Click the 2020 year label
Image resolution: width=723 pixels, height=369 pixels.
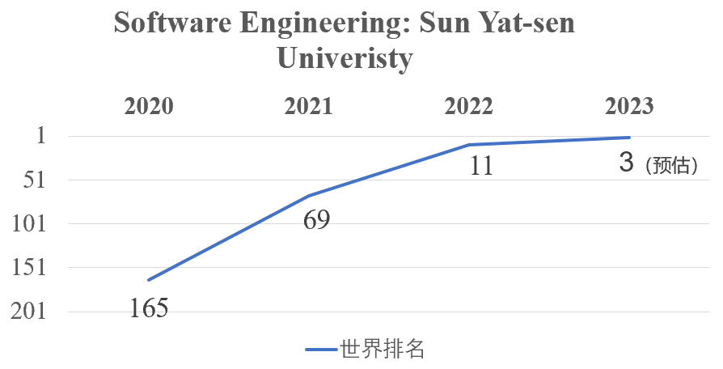148,106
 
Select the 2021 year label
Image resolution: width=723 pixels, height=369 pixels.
308,106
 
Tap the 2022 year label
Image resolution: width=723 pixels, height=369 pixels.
469,106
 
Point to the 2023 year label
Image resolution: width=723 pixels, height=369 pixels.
629,106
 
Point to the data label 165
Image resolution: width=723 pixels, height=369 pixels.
148,308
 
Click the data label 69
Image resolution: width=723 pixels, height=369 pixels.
316,220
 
